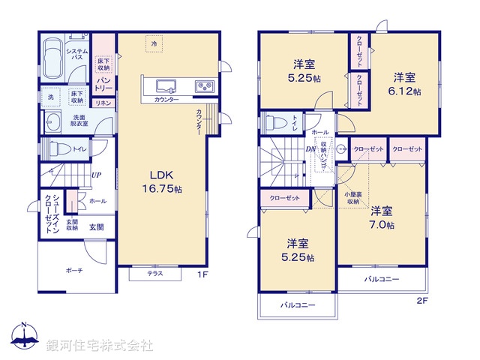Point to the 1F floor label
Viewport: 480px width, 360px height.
tap(202, 275)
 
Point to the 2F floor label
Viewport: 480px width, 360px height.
tap(421, 301)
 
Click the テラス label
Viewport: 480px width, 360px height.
tap(154, 274)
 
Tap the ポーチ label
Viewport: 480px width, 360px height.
tap(73, 270)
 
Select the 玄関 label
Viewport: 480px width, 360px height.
tap(97, 227)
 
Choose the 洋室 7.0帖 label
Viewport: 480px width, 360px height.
tap(380, 218)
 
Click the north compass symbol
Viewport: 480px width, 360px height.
tap(24, 338)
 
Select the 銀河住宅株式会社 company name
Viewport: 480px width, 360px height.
tap(99, 345)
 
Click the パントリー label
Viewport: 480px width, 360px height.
tap(104, 83)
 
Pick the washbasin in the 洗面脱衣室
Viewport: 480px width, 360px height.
tap(53, 123)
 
